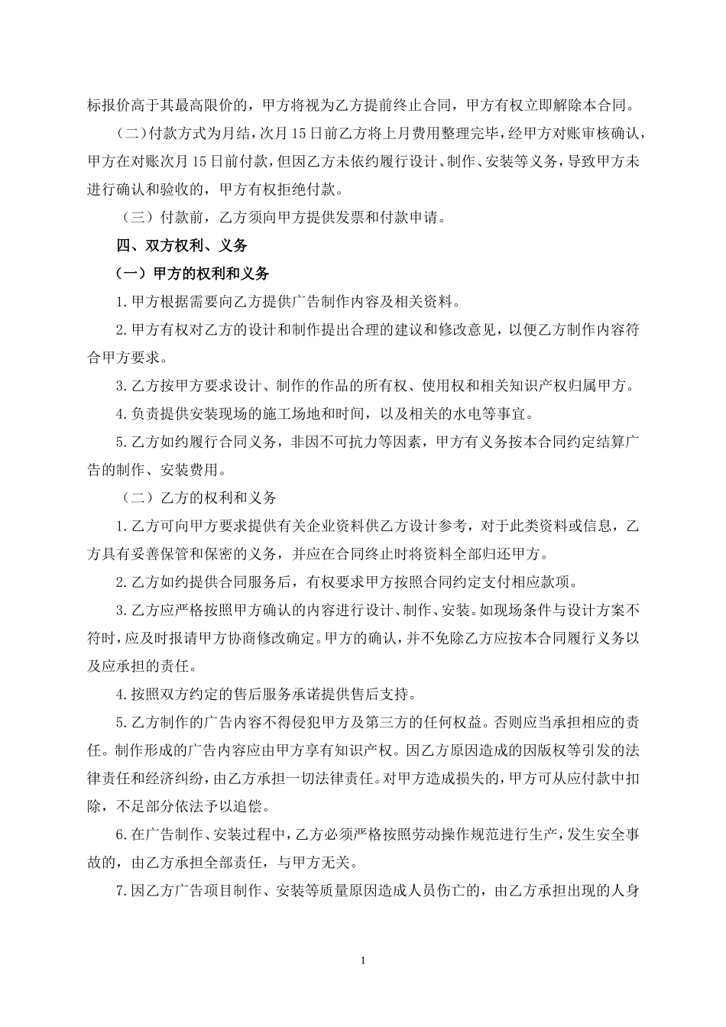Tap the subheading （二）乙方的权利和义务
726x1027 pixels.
tap(199, 497)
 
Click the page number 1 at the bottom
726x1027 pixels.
tap(363, 960)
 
